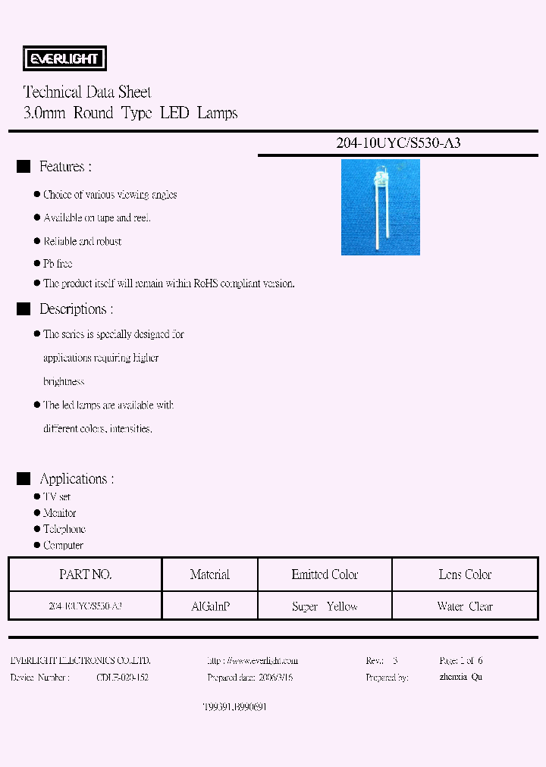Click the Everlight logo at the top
pos(66,58)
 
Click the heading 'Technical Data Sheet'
pos(87,92)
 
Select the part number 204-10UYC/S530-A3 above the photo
pos(398,142)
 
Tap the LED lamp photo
pos(380,207)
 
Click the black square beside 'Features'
pos(24,167)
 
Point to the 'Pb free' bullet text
pos(58,263)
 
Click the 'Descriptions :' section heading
pos(76,309)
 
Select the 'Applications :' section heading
pos(77,479)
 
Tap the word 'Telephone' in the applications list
pos(64,529)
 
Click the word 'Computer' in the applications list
pos(63,545)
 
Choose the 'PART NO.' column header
pos(85,574)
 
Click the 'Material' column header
pos(210,574)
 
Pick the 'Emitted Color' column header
pos(325,574)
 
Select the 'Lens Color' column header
pos(465,574)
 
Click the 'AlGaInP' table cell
pos(210,606)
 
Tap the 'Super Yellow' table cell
pos(325,606)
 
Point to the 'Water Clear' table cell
pos(465,606)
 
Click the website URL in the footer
pos(252,661)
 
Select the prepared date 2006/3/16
pos(273,677)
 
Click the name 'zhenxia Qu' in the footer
pos(461,677)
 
